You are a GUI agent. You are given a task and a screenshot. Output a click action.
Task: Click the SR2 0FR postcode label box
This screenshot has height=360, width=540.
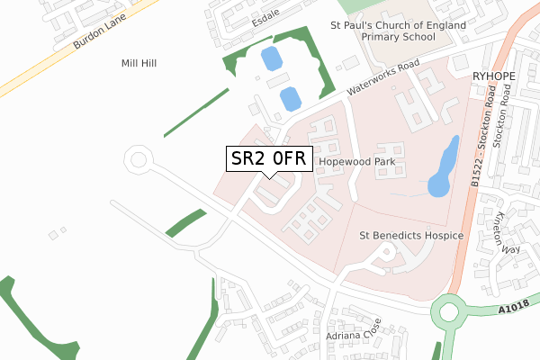(x=269, y=159)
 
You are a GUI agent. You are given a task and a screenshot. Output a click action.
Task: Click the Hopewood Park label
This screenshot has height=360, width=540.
(x=357, y=162)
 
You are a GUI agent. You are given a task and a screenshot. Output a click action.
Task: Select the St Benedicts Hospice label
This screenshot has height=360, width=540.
(x=410, y=236)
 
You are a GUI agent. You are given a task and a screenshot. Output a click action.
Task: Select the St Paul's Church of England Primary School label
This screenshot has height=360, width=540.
(x=398, y=32)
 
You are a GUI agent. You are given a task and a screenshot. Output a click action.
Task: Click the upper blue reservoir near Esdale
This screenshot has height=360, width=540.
(x=269, y=60)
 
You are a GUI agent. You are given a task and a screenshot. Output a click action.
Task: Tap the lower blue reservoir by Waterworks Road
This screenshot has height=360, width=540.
(x=290, y=98)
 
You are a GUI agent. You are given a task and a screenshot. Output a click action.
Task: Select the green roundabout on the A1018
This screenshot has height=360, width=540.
(x=451, y=316)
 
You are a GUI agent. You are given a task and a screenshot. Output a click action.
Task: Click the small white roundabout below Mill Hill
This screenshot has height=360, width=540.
(x=139, y=161)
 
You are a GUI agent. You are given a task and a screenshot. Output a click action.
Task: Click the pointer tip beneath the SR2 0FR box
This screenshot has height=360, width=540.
(x=269, y=175)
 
